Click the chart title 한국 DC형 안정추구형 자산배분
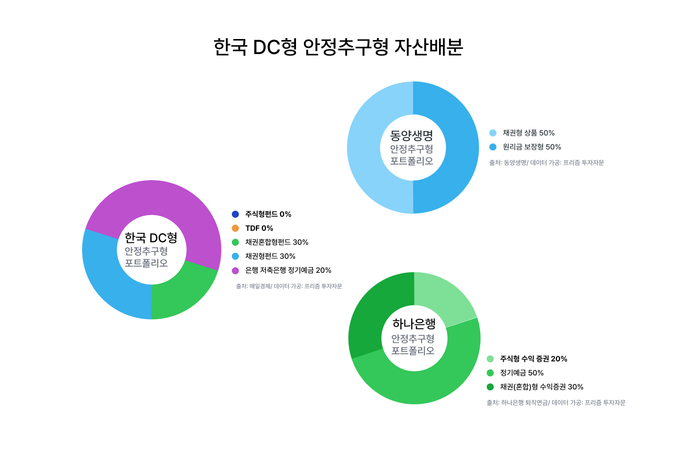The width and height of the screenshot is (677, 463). pyautogui.click(x=338, y=47)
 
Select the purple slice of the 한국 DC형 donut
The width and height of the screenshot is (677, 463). pyautogui.click(x=157, y=199)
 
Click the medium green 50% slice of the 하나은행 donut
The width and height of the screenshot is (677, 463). pyautogui.click(x=438, y=383)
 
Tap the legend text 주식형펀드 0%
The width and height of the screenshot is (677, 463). pyautogui.click(x=268, y=214)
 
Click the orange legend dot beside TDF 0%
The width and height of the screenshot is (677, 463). pyautogui.click(x=235, y=228)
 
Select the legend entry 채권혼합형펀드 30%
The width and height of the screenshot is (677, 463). pyautogui.click(x=276, y=242)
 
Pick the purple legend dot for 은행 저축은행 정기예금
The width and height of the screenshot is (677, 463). pyautogui.click(x=235, y=271)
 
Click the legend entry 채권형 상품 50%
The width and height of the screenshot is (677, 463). pyautogui.click(x=529, y=133)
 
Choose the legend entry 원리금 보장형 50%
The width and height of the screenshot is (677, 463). pyautogui.click(x=532, y=147)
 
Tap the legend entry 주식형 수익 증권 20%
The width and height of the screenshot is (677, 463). pyautogui.click(x=533, y=359)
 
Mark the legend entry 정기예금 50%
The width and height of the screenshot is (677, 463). pyautogui.click(x=522, y=373)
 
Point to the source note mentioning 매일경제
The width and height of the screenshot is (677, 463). pyautogui.click(x=289, y=286)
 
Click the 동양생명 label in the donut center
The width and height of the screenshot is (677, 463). pyautogui.click(x=411, y=136)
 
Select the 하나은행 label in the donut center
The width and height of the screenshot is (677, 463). pyautogui.click(x=414, y=324)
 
